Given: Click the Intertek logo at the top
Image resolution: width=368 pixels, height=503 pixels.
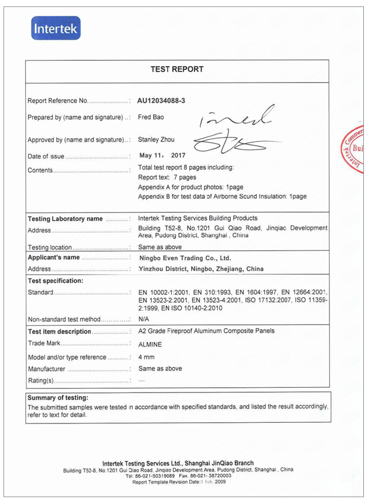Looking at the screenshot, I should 55,28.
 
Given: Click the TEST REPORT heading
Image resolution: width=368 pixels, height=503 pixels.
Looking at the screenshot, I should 177,69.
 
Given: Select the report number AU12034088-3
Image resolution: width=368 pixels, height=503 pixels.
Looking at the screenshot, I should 162,101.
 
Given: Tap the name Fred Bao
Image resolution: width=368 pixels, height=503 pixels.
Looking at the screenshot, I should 151,117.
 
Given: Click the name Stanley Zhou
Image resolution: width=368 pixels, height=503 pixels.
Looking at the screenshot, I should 156,140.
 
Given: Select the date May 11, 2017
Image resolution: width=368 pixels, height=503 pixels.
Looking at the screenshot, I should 161,156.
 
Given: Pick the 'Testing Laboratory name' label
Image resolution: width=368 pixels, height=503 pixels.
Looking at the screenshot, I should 65,219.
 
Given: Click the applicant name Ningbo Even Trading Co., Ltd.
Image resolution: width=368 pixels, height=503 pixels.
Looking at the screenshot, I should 185,258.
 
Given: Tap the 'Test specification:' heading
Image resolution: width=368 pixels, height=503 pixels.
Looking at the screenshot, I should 55,280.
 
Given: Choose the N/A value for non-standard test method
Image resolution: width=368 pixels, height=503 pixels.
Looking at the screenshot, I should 144,319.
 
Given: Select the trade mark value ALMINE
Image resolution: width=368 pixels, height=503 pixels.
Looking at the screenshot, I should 150,344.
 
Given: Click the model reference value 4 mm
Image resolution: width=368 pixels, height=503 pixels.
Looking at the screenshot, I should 146,357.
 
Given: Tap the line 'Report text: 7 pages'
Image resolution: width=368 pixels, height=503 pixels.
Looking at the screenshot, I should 167,177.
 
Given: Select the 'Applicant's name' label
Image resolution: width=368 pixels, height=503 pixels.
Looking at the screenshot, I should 54,257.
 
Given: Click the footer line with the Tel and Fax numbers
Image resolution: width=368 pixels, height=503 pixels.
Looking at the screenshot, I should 178,476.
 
